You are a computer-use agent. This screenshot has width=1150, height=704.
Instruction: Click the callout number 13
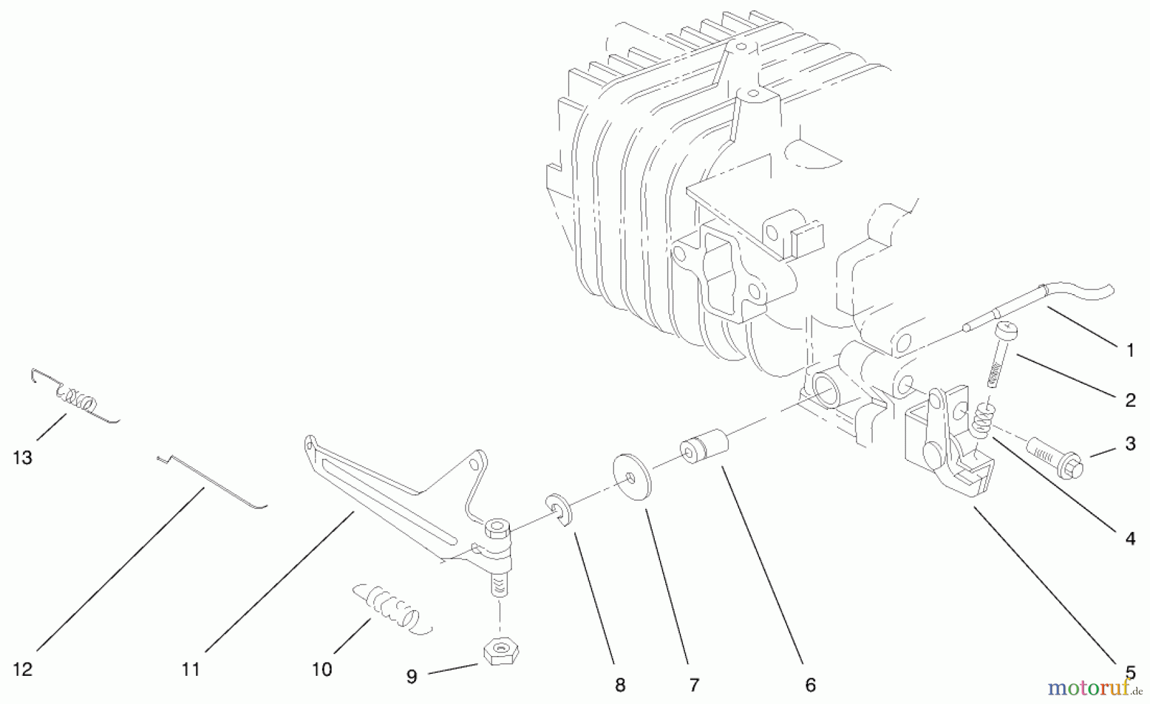pos(22,458)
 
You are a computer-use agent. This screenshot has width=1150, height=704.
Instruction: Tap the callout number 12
pos(22,669)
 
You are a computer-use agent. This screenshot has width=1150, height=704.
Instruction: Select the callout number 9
pos(412,676)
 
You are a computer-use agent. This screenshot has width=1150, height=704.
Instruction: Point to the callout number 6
pos(810,685)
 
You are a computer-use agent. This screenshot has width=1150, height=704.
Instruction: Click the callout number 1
pos(1130,350)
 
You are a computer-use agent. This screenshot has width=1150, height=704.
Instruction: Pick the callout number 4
pos(1130,539)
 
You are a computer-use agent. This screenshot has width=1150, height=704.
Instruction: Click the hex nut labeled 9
pos(500,652)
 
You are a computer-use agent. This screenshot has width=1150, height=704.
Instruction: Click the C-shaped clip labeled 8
pos(561,510)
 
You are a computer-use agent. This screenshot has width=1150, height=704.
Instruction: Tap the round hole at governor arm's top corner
pos(474,462)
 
